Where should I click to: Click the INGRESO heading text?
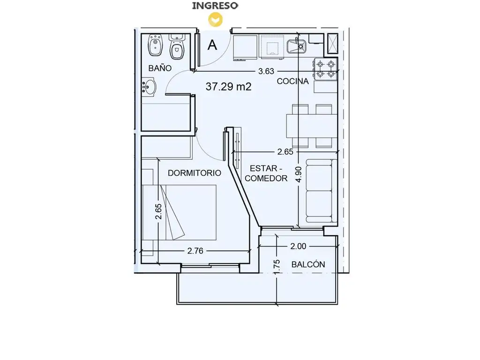coord(215,6)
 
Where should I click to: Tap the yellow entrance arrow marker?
coord(216,20)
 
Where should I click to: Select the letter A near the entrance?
coord(212,45)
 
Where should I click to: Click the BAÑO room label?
coord(160,68)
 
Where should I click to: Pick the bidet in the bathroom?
coord(155,45)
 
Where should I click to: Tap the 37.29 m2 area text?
coord(228,87)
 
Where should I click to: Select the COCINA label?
coord(292,81)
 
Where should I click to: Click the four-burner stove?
coord(326,69)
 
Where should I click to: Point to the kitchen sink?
coord(296,46)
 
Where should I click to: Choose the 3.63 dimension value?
coord(266,71)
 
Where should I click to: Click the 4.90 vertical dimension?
coord(299,174)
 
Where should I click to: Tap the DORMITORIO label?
coord(195,173)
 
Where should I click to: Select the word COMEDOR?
coord(266,178)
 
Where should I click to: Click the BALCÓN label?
coord(308,264)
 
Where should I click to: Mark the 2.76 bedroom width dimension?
coord(195,251)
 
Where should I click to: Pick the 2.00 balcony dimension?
coord(298,247)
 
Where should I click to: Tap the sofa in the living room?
coord(321,191)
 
